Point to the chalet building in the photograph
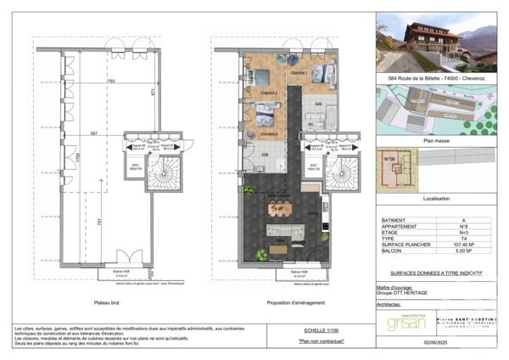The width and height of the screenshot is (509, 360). [431, 38]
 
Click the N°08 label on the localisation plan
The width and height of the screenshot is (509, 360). [390, 159]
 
